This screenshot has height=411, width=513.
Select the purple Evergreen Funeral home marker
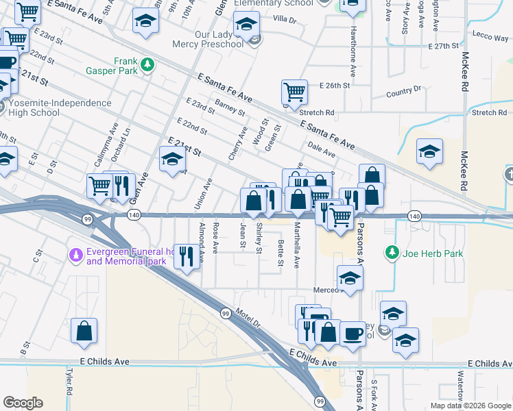coord(76,256)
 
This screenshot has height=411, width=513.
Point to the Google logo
coord(23,402)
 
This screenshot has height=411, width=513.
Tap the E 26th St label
coord(335,86)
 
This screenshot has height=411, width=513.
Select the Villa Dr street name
coord(284,20)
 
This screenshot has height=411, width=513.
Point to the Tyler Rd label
coord(69,378)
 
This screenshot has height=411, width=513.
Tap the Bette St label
coord(281,253)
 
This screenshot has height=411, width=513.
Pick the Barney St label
coord(230,107)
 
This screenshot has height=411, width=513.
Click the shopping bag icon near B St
coord(84,331)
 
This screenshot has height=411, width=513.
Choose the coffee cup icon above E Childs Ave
coord(353,334)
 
